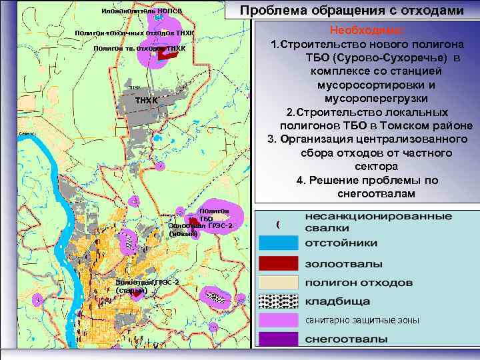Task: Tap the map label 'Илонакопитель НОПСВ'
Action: click(141, 12)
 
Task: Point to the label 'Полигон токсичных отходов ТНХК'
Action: click(135, 33)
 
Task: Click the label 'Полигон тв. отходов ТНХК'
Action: click(139, 48)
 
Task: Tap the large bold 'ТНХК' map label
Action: click(147, 100)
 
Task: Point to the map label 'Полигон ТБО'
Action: click(214, 214)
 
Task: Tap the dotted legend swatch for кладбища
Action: click(277, 301)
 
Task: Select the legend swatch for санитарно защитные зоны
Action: click(277, 320)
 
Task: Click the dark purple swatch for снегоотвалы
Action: click(277, 339)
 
